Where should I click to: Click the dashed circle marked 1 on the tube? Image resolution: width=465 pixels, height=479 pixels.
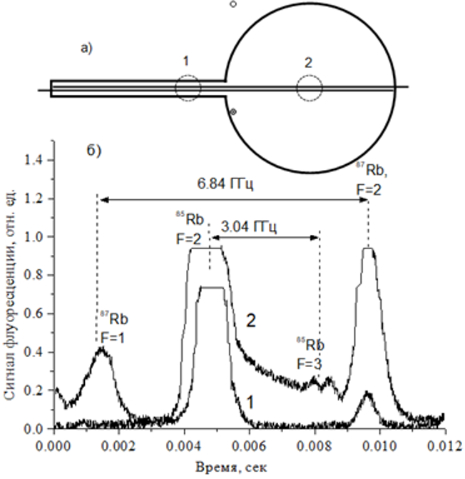tap(188, 89)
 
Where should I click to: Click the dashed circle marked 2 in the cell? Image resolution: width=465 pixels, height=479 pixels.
tap(309, 89)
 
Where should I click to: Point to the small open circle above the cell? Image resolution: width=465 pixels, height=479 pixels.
tap(232, 4)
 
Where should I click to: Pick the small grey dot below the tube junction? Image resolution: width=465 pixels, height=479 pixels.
tap(233, 111)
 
